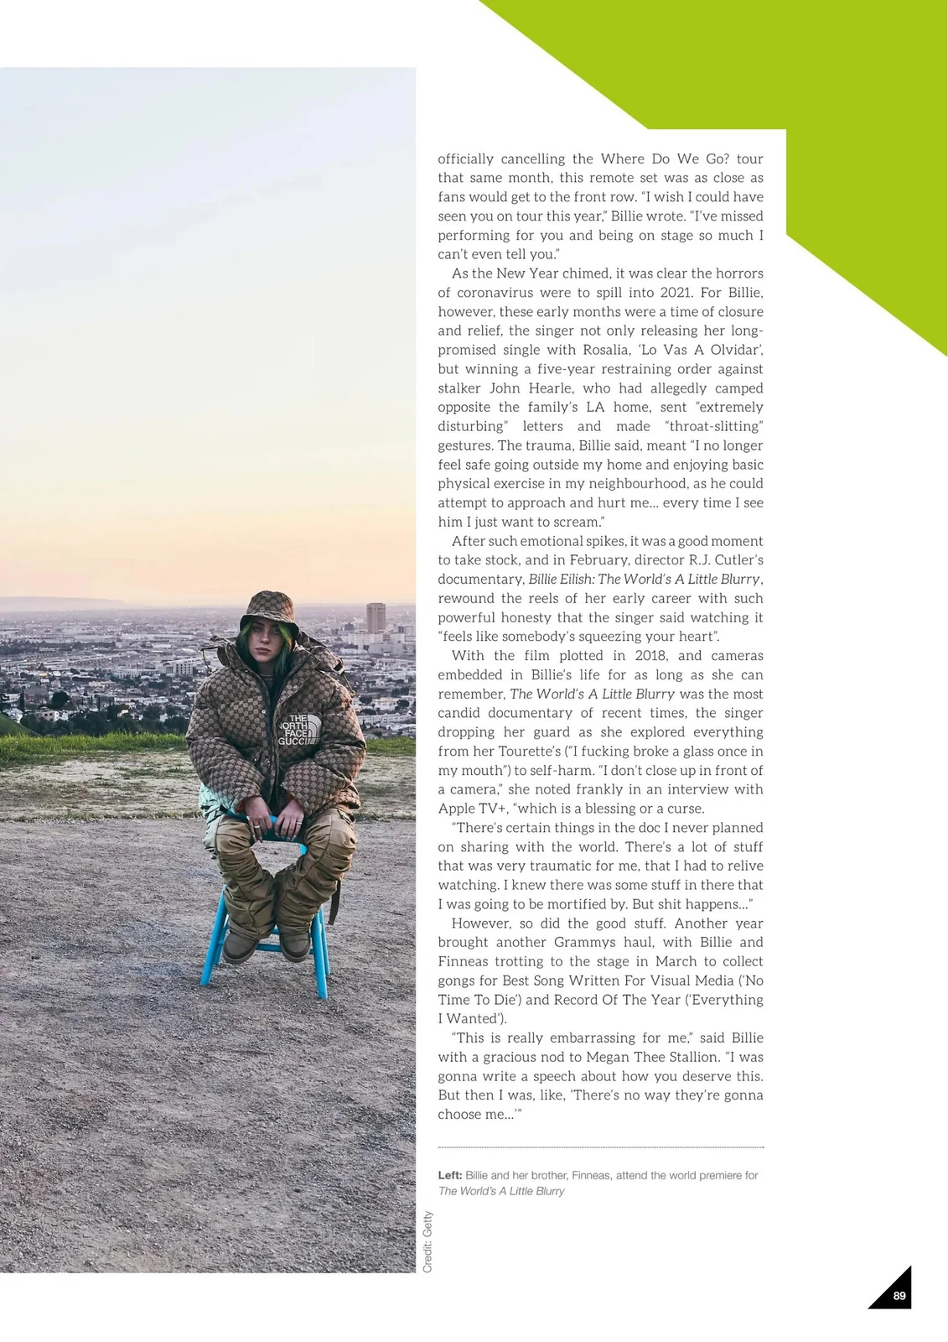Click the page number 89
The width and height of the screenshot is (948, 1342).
click(899, 1296)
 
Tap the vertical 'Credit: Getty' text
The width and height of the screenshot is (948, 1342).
click(427, 1241)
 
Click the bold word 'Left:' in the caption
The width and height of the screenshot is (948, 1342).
click(450, 1175)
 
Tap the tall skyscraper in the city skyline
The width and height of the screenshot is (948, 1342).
click(376, 618)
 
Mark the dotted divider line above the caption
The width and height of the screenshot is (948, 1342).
click(600, 1147)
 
